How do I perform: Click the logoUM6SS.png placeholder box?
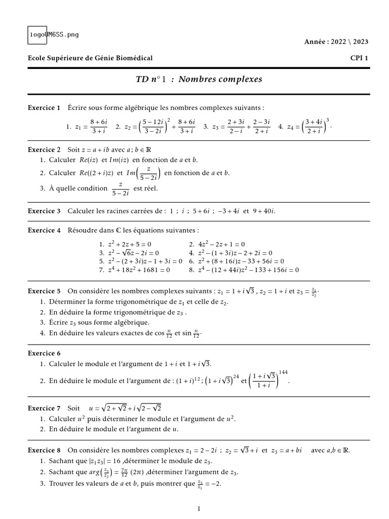click(53, 34)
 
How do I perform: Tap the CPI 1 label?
click(359, 58)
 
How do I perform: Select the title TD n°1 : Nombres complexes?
click(198, 80)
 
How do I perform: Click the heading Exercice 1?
click(44, 108)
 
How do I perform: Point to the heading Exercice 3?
click(44, 210)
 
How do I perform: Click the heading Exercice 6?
click(44, 353)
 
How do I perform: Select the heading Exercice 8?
click(44, 450)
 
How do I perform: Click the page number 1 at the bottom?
click(199, 508)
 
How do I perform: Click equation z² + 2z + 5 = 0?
click(130, 244)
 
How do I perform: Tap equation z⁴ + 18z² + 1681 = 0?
click(139, 270)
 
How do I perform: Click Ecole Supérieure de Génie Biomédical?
click(90, 58)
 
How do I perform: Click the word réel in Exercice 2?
click(150, 188)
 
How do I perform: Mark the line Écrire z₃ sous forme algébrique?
click(99, 322)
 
